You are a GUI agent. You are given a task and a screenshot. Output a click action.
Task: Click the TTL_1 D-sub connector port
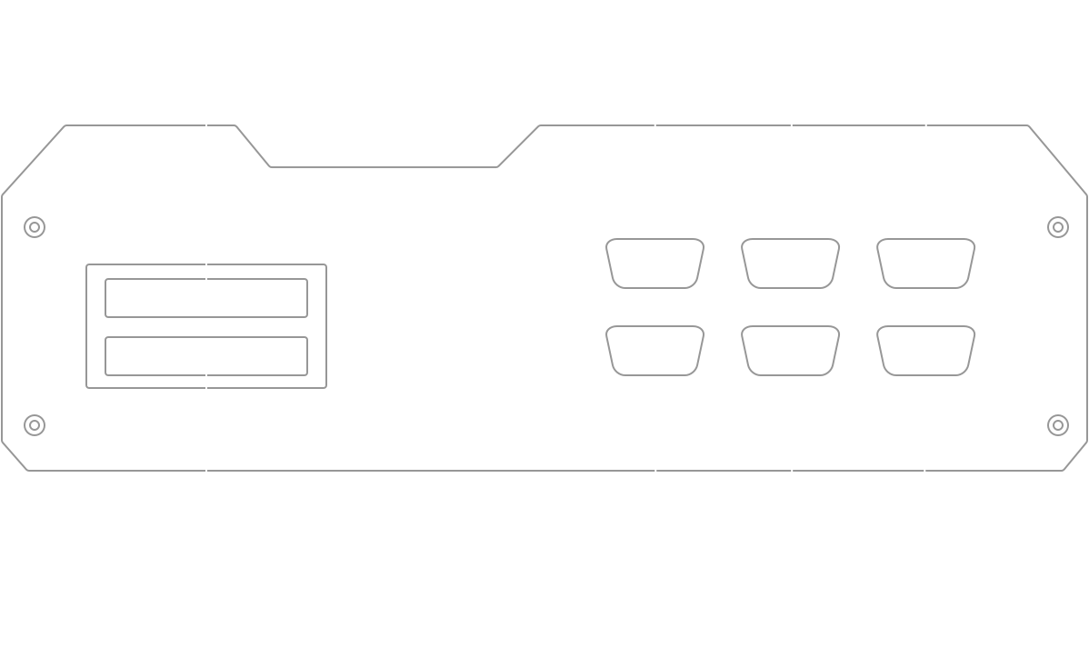click(x=654, y=264)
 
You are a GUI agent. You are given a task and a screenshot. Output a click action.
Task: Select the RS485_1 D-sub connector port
click(x=791, y=264)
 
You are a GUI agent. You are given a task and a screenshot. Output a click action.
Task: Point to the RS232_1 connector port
click(x=926, y=264)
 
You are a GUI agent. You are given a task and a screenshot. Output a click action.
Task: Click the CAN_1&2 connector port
click(x=654, y=351)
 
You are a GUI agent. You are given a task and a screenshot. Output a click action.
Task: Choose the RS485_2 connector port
click(x=791, y=351)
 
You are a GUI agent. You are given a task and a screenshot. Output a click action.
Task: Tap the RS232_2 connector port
click(x=926, y=351)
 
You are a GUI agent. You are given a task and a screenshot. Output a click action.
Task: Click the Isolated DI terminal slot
click(x=205, y=298)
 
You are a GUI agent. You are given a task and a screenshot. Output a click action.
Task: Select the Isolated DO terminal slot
click(x=205, y=356)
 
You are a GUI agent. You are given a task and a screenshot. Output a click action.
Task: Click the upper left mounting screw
click(x=34, y=226)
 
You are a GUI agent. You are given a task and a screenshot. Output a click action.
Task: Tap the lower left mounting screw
click(x=34, y=423)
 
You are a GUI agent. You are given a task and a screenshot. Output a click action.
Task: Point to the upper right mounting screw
click(x=1056, y=226)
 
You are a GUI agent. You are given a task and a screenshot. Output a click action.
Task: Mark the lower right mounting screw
click(x=1056, y=423)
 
